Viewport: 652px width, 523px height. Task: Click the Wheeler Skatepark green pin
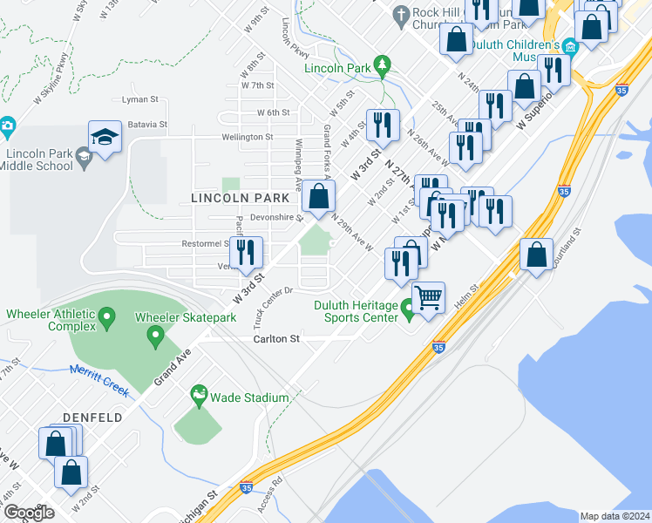(x=156, y=335)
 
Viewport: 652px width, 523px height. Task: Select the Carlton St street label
(x=276, y=338)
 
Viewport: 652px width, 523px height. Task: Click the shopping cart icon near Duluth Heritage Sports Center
(x=428, y=297)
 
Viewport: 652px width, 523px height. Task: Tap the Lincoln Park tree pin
(x=381, y=65)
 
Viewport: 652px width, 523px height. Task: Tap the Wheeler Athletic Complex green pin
(x=106, y=316)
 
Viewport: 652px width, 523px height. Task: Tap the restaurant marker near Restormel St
(x=248, y=253)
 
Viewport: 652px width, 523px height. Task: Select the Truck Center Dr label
(x=276, y=302)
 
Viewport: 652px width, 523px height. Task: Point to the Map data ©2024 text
(x=614, y=516)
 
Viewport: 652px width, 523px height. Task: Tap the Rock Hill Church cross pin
(x=401, y=15)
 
